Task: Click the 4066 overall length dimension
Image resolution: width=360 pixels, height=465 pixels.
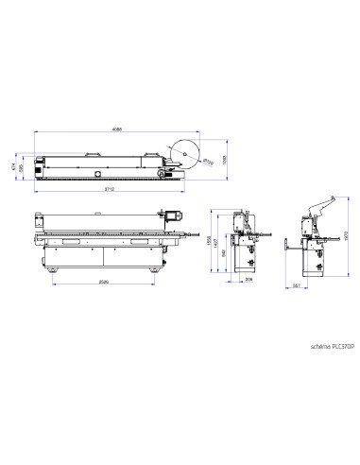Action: (116, 129)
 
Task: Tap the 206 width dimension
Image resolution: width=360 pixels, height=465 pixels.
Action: (249, 281)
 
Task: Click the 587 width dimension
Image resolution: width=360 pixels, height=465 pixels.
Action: (297, 285)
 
